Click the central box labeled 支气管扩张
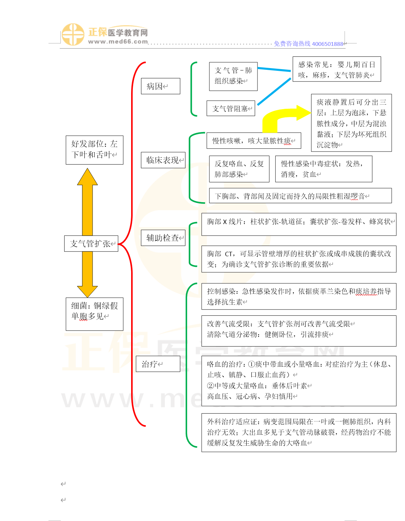coord(91,244)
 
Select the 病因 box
coord(160,86)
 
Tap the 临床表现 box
coord(163,160)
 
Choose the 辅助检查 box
coord(163,238)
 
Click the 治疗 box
coord(158,364)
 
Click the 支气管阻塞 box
coord(231,108)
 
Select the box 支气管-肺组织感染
coord(233,76)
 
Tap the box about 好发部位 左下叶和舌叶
coord(94,150)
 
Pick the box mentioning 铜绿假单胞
coord(94,314)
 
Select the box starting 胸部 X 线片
coord(299,224)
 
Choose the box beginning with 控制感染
coord(299,296)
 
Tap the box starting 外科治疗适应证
coord(299,432)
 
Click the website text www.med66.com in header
coord(118,42)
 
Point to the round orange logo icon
coord(72,35)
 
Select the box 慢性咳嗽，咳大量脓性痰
coord(254,141)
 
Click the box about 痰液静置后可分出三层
coord(351,123)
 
